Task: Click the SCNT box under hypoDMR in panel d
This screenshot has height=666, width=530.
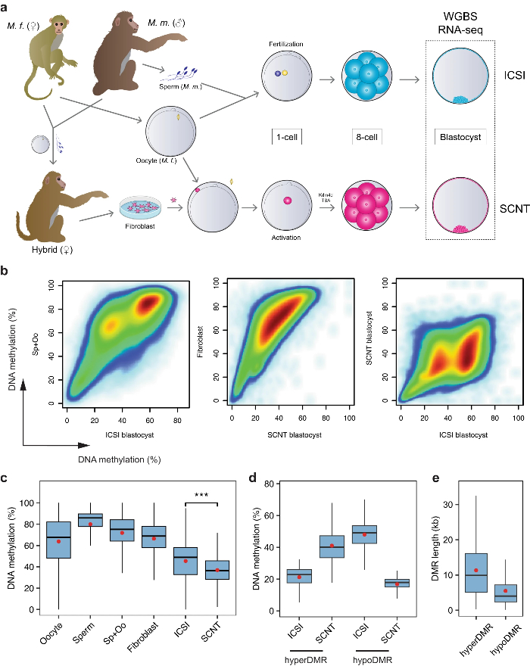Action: click(391, 583)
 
